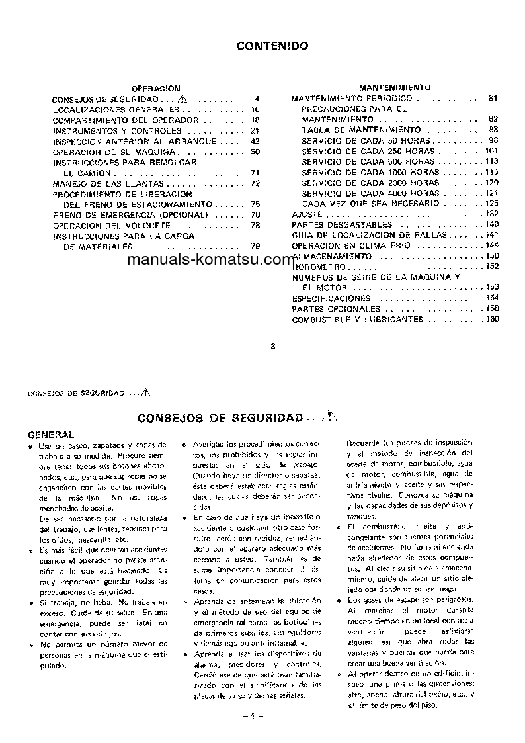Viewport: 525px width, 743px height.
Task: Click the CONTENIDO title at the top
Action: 272,47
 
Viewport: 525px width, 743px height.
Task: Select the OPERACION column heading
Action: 156,88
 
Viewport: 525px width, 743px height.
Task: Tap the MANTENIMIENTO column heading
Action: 395,87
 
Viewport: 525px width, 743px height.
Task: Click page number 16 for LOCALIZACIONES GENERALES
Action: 256,109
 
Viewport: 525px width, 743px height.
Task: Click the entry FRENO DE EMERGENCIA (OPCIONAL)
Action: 131,215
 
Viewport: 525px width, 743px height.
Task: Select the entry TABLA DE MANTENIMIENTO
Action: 361,130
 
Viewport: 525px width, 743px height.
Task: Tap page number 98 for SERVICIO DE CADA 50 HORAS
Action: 493,141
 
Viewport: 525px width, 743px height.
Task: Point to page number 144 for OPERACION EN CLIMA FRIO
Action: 491,245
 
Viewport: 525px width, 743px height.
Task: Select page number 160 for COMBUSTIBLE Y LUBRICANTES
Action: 492,320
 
